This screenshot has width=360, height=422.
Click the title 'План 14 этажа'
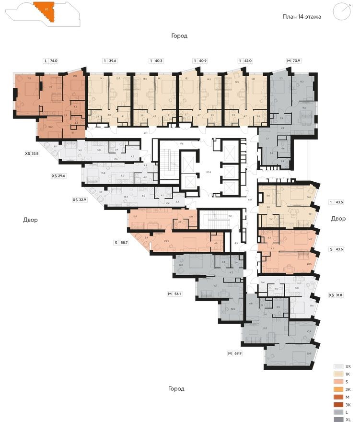[x=302, y=16]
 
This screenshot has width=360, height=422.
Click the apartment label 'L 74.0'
[x=50, y=61]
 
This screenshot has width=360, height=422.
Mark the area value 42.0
[x=248, y=61]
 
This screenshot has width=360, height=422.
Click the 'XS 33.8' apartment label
[x=32, y=154]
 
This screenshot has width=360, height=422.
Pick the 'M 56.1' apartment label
[x=176, y=294]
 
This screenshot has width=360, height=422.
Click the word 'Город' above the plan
[x=179, y=36]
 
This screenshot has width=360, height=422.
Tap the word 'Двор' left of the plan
[x=30, y=220]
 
